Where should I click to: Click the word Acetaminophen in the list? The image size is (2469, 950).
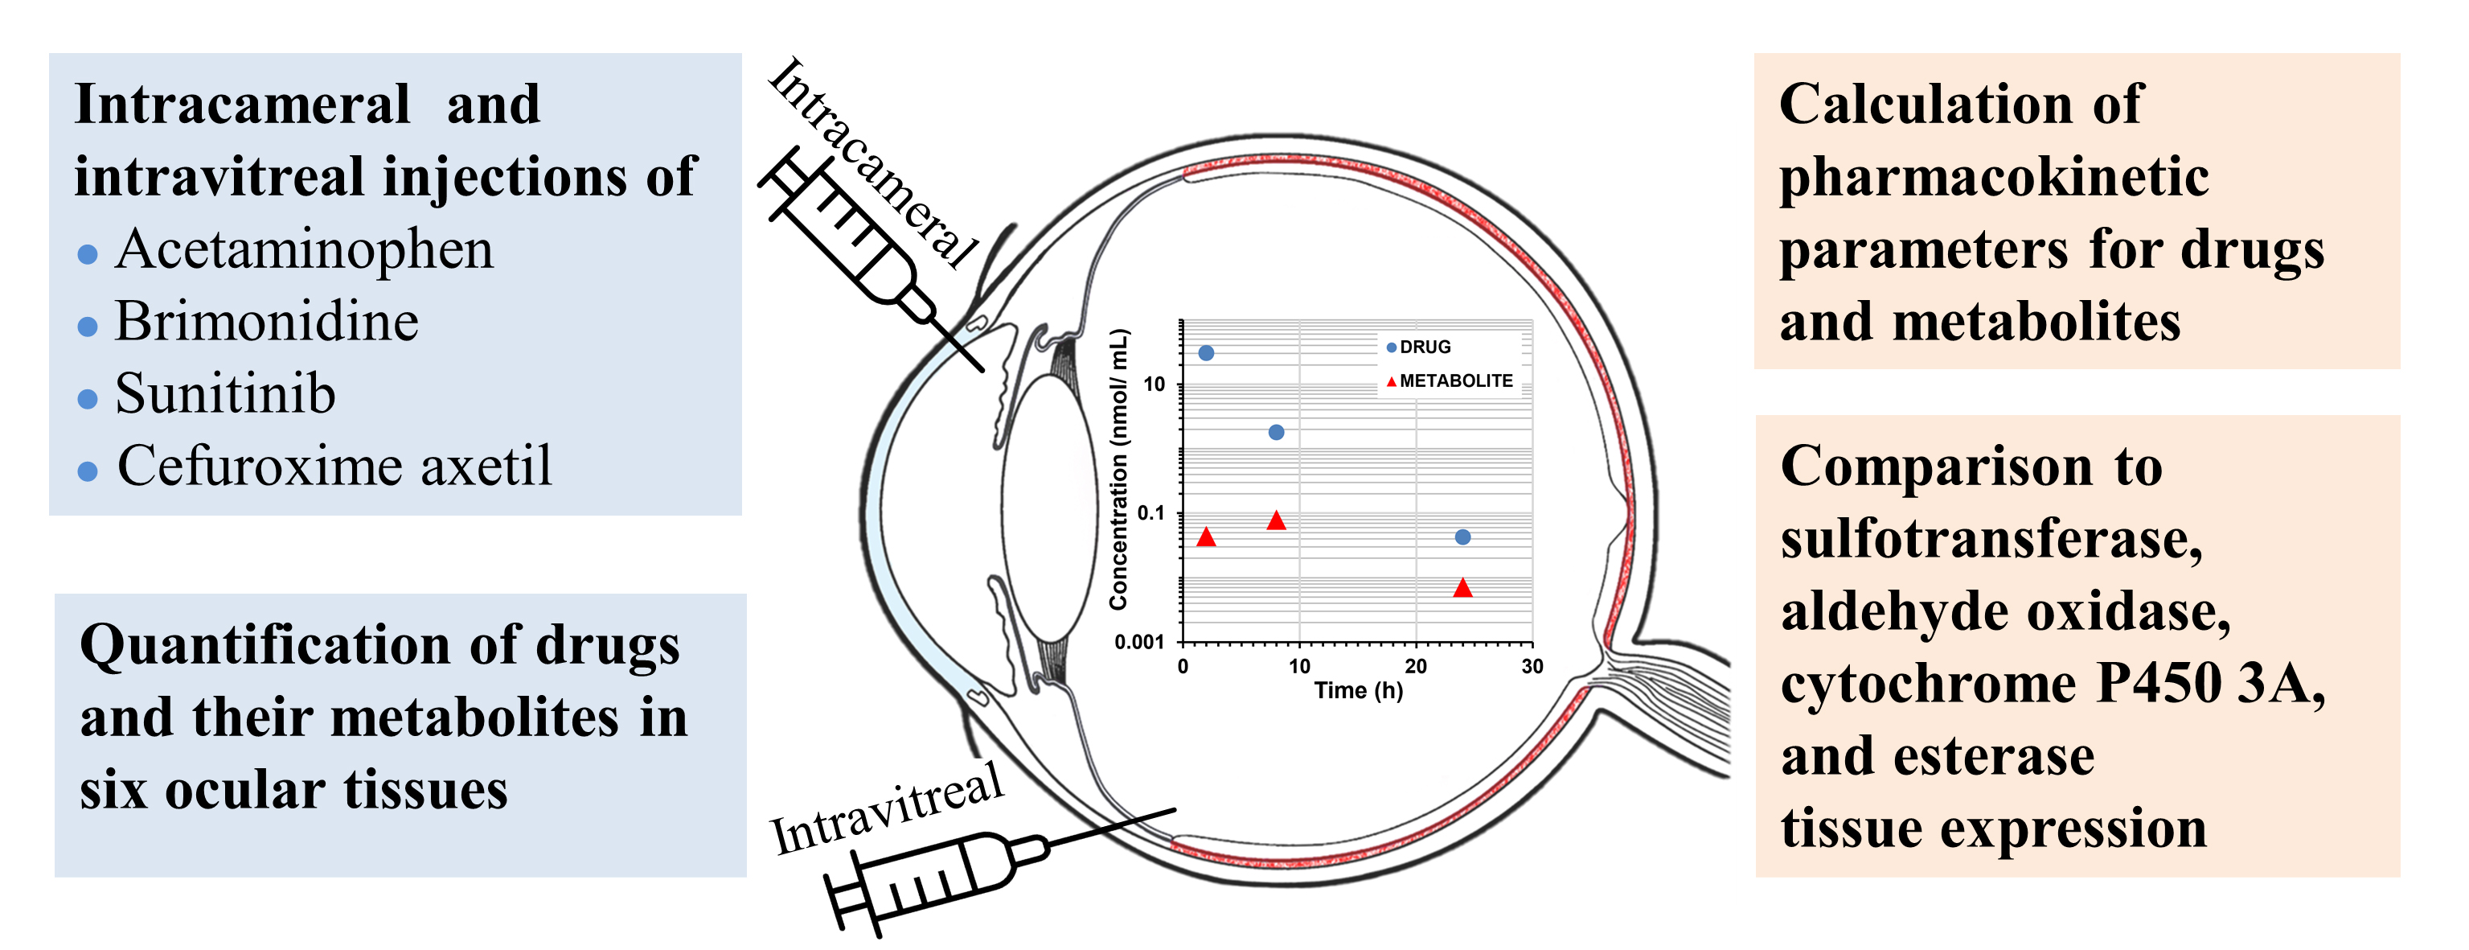click(x=304, y=250)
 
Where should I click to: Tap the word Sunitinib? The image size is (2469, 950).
click(x=225, y=394)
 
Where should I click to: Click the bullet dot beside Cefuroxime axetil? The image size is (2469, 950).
click(x=87, y=471)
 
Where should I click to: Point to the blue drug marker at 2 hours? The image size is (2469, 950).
click(x=1206, y=353)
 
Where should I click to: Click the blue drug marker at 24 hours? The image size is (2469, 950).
click(x=1462, y=537)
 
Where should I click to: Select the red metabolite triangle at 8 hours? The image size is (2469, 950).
click(x=1276, y=520)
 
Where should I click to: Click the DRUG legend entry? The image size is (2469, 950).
click(x=1425, y=347)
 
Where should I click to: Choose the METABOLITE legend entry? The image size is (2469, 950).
click(x=1455, y=380)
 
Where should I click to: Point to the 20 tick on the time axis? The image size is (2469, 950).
click(x=1416, y=666)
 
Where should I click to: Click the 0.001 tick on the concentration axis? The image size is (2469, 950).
click(x=1138, y=641)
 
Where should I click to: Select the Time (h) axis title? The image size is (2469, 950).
click(x=1358, y=690)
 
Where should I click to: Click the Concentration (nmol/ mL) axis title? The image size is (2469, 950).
click(x=1118, y=470)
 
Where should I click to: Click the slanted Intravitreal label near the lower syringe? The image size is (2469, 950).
click(x=888, y=809)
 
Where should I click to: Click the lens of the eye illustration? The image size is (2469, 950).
click(x=1048, y=508)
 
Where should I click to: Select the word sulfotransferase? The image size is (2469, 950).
click(x=1991, y=540)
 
